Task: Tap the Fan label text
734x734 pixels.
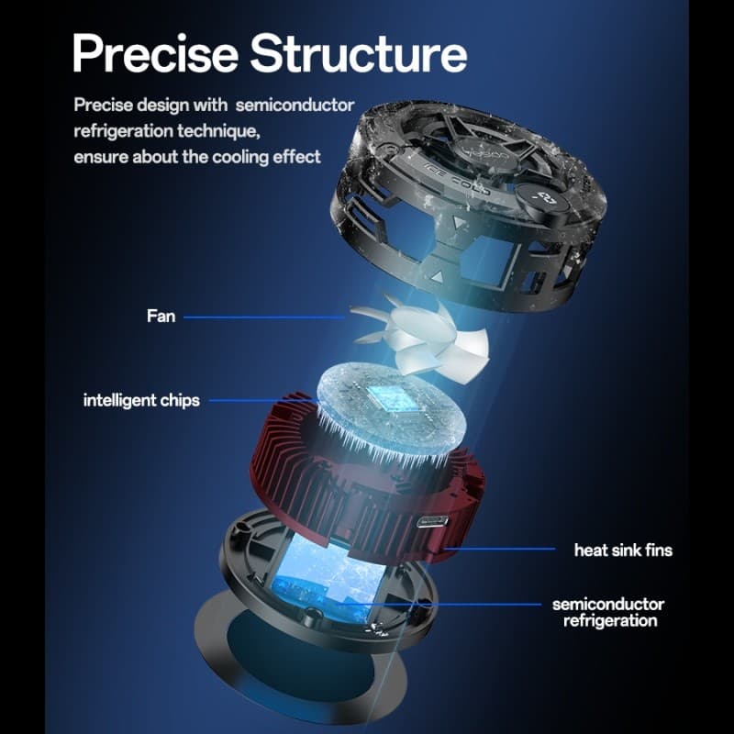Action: coord(161,316)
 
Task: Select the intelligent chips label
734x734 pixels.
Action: coord(141,400)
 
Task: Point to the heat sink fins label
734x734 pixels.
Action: coord(623,550)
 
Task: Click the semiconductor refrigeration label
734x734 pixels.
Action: coord(608,612)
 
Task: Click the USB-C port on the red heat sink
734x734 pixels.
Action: coord(432,521)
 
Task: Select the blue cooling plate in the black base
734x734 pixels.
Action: coord(328,578)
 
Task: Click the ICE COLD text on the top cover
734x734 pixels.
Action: coord(456,179)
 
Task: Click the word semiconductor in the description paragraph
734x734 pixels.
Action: coord(295,106)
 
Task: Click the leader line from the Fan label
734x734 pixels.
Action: coord(264,317)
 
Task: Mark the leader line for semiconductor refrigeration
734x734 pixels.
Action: coord(439,605)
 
